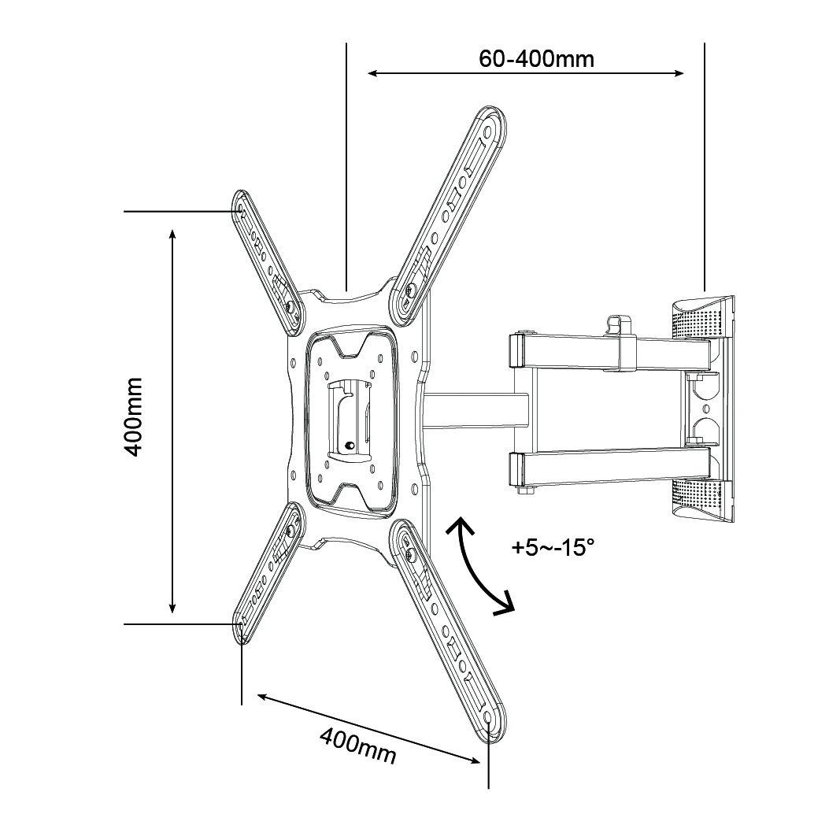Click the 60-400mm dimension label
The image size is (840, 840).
point(536,57)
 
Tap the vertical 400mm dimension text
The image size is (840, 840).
point(133,416)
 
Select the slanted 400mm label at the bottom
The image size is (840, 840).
point(357,745)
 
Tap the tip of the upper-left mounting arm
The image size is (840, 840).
point(240,204)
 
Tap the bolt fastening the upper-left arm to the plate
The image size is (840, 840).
point(291,306)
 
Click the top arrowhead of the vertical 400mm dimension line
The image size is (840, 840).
point(172,234)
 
